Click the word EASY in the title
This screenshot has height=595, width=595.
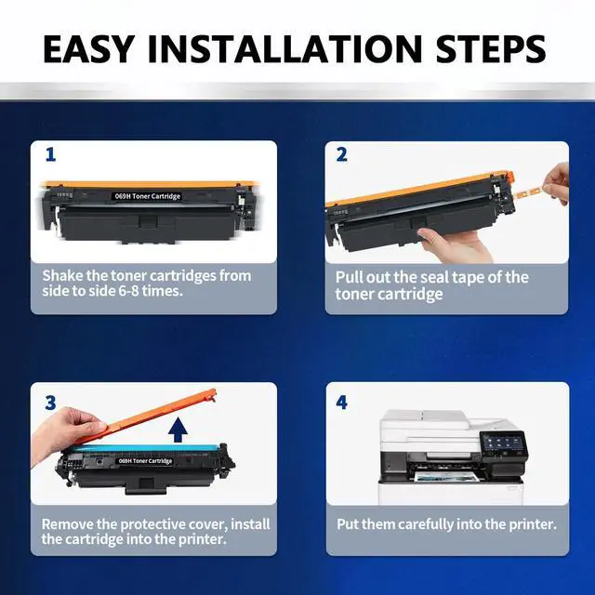(x=88, y=48)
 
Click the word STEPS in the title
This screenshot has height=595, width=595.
(x=491, y=48)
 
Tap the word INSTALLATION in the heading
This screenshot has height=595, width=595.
(x=284, y=48)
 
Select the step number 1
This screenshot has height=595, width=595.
(x=50, y=155)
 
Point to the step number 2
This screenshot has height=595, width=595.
(x=341, y=155)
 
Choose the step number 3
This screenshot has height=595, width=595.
(x=50, y=403)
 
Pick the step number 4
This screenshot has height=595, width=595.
(x=341, y=403)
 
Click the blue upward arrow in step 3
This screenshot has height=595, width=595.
(x=178, y=430)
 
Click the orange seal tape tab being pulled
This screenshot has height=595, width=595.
(x=529, y=192)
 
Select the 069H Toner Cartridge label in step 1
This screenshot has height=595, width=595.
(x=147, y=196)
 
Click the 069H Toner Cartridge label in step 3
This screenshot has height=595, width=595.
(x=145, y=461)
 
